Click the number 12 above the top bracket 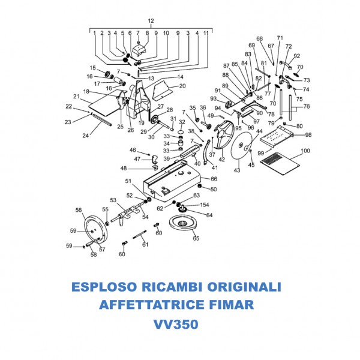[x=151, y=20]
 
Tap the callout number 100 [x=305, y=151]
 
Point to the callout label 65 [x=196, y=238]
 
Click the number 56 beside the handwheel [x=78, y=210]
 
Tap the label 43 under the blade [x=236, y=171]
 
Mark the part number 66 [x=214, y=178]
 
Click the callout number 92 [x=296, y=56]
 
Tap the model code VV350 [x=176, y=324]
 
